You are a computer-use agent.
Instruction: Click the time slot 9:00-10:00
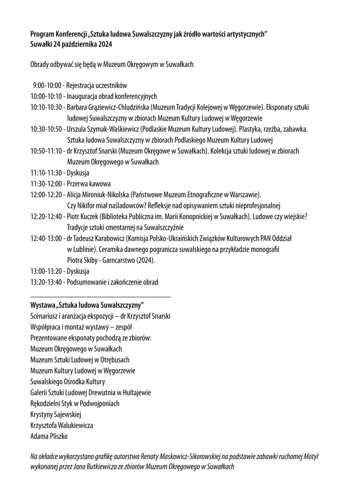(x=47, y=85)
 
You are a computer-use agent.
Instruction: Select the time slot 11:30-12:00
(x=46, y=184)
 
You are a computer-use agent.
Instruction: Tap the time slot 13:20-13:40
(x=46, y=282)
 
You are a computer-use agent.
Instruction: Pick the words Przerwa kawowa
(x=89, y=184)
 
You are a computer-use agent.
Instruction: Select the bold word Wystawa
(x=42, y=304)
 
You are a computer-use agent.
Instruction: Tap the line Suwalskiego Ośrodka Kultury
(x=68, y=382)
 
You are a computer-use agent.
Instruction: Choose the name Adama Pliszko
(x=49, y=436)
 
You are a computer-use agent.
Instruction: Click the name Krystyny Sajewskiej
(x=56, y=414)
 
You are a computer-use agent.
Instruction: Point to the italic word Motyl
(x=311, y=456)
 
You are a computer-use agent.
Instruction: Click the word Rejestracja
(x=80, y=85)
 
